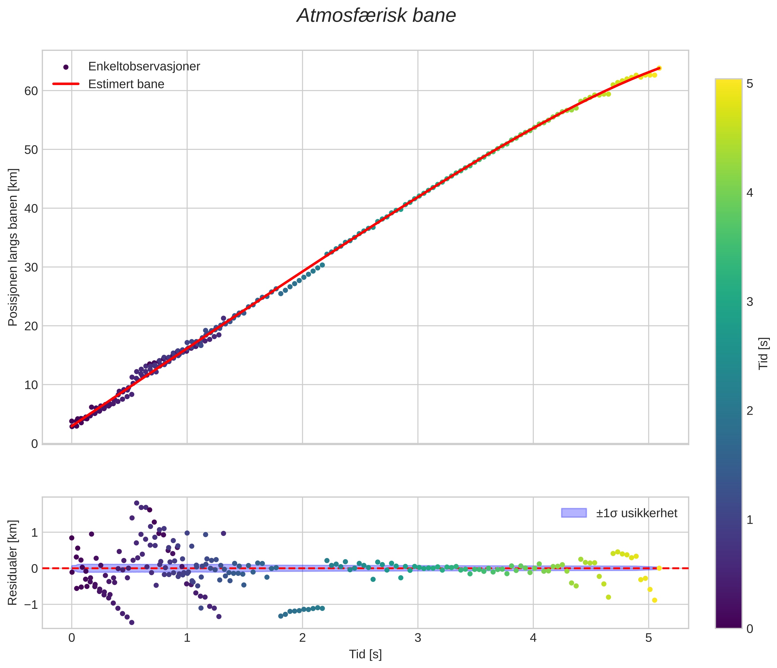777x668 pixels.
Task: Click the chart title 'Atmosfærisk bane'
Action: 376,16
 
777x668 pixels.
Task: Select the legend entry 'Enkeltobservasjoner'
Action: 144,66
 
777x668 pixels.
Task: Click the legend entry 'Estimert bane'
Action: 126,84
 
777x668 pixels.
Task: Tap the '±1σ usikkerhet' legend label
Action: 636,513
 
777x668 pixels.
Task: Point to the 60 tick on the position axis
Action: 31,91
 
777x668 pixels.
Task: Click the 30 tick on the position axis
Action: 31,267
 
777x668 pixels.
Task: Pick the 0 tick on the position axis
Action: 34,443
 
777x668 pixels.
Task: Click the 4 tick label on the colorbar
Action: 750,193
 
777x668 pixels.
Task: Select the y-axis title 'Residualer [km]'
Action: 13,563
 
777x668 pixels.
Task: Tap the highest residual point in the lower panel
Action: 136,503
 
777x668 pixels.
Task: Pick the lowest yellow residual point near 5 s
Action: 654,600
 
